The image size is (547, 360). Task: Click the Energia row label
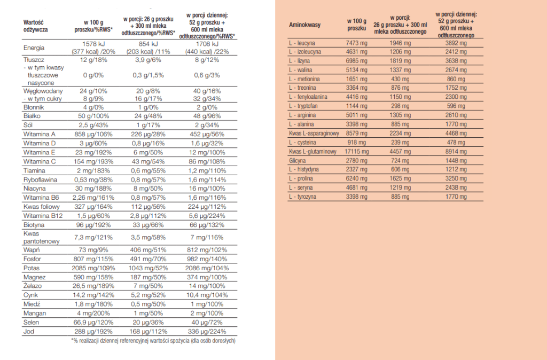[34, 48]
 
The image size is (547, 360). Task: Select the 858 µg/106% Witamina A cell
[89, 134]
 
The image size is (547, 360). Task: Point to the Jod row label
[29, 331]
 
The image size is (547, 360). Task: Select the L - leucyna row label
[302, 42]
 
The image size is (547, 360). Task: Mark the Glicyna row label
[297, 161]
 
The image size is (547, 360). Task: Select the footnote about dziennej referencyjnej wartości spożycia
[153, 340]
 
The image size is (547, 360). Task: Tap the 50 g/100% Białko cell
[89, 115]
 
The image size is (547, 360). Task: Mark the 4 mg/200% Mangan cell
[89, 313]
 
